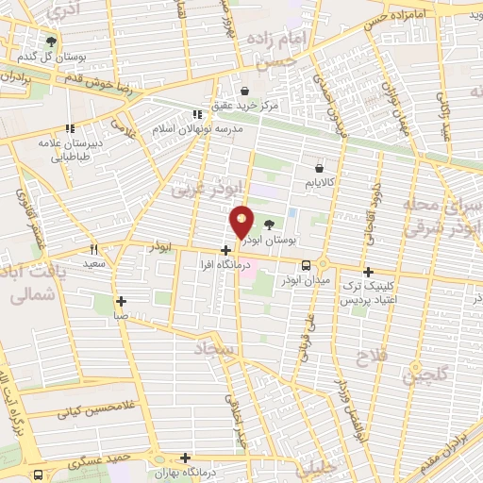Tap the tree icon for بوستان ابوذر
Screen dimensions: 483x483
272,224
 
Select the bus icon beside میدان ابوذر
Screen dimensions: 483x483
320,265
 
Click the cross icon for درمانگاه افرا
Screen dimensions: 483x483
225,250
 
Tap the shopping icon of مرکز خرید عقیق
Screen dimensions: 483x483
244,92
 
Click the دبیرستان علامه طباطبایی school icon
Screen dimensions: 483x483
68,128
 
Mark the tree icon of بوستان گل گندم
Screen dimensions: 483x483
50,42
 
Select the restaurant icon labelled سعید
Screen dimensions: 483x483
93,250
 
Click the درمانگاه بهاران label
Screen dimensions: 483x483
212,469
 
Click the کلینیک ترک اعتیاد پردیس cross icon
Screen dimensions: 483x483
381,270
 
